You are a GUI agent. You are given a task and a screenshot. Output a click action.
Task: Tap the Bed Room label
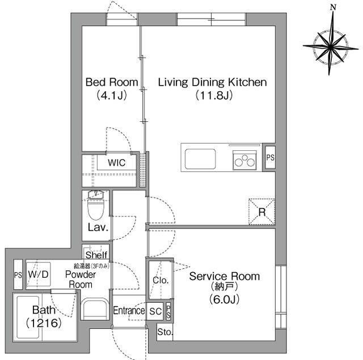pos(111,82)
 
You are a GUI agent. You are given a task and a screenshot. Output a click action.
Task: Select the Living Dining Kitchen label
pos(212,82)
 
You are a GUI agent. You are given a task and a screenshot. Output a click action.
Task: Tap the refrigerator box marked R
pos(261,211)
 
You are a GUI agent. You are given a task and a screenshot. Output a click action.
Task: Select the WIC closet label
pos(117,163)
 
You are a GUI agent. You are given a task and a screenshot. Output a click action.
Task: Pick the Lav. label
pos(98,229)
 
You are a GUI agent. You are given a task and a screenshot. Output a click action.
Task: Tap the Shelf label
pos(96,255)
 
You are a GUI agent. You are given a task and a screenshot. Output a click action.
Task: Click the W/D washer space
pos(38,274)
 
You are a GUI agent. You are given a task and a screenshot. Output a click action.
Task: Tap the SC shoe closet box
pos(155,311)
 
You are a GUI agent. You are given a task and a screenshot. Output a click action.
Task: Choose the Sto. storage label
pos(164,332)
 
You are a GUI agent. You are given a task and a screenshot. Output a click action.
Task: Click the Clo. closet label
pos(160,280)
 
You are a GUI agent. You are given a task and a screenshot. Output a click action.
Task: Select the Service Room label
pos(224,277)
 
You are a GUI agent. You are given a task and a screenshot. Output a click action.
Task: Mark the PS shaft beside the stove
pos(269,157)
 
